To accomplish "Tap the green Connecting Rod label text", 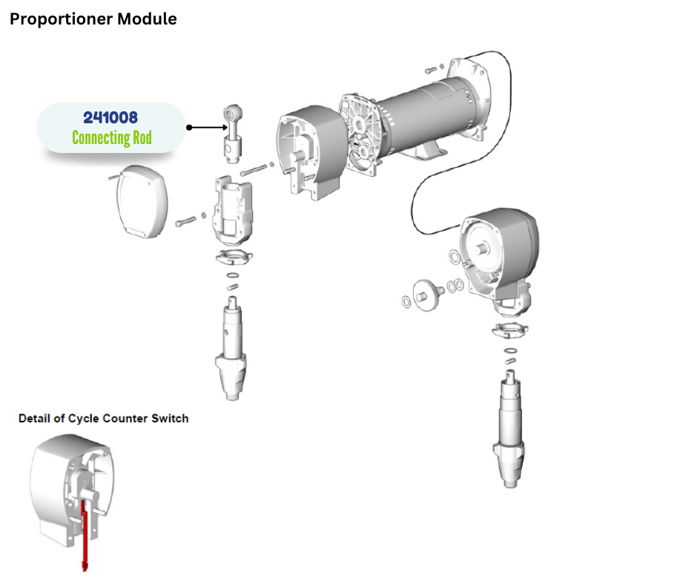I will (x=111, y=138).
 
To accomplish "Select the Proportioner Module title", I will (x=93, y=19).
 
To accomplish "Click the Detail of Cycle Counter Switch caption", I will (x=103, y=419).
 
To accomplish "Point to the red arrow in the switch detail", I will (x=85, y=535).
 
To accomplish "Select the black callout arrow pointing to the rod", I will (x=205, y=128).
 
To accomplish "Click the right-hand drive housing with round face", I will (x=498, y=256).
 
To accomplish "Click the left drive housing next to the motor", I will (x=306, y=158).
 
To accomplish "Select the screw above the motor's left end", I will (x=434, y=70).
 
